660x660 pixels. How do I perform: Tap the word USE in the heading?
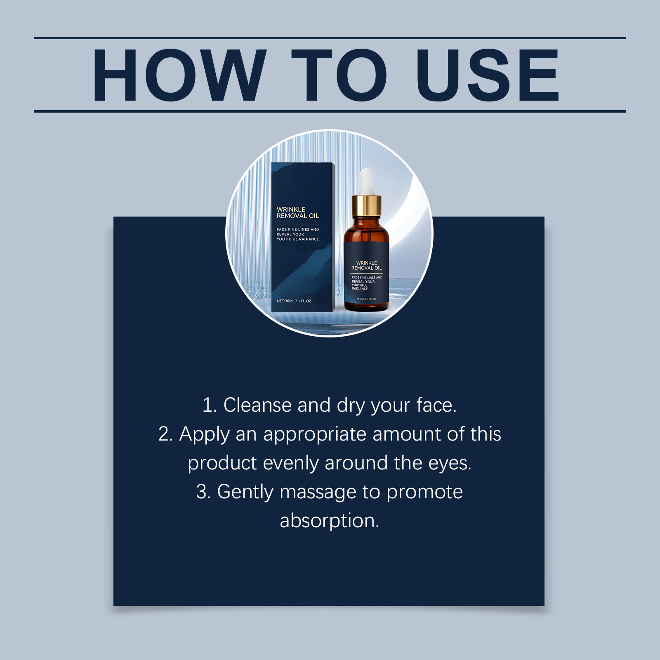click(487, 75)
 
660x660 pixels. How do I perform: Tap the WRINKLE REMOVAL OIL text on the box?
click(298, 213)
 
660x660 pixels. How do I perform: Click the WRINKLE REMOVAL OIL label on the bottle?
click(367, 266)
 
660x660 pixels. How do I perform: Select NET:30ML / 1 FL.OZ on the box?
click(294, 301)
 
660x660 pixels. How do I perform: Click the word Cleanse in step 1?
click(257, 405)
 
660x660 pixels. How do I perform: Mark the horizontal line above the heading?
click(330, 38)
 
